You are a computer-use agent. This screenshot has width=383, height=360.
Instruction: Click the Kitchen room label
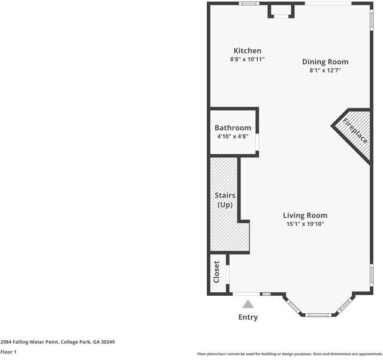[248, 50]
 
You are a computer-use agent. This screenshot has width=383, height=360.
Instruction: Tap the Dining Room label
[325, 62]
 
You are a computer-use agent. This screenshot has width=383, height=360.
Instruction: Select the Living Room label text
[305, 215]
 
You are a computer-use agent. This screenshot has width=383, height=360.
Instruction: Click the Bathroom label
[233, 128]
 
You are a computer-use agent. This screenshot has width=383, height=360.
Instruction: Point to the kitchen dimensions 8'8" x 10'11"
[248, 59]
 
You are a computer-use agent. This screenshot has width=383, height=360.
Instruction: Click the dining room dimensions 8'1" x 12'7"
[325, 70]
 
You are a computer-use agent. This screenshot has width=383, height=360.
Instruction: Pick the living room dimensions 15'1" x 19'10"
[305, 224]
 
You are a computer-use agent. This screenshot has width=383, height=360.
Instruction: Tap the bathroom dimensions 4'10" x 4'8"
[233, 136]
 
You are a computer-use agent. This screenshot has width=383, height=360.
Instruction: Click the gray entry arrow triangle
[248, 304]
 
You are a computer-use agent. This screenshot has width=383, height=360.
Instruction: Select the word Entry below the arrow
[248, 317]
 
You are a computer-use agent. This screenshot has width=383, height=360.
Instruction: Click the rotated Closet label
[216, 272]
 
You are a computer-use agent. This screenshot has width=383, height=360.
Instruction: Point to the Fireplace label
[355, 131]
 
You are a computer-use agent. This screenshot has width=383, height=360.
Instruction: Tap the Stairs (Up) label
[225, 200]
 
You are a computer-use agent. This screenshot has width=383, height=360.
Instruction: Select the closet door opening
[228, 274]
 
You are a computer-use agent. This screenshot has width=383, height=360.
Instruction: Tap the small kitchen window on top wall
[249, 3]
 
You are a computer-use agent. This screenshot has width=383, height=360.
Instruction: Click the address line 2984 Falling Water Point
[58, 342]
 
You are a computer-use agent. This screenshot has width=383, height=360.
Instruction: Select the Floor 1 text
[8, 352]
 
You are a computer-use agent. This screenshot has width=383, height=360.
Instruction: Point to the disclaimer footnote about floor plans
[289, 354]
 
